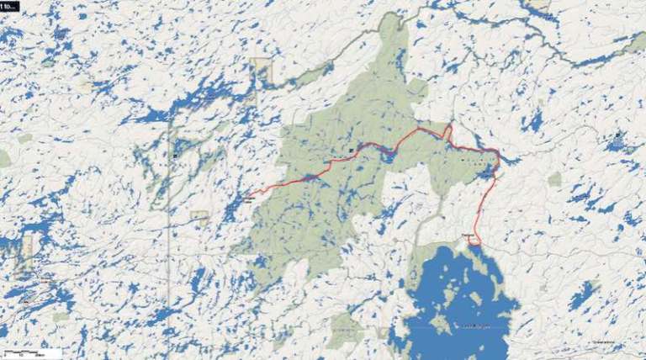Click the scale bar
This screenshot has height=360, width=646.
coord(32,351)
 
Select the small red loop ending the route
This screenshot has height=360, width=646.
coord(474,240)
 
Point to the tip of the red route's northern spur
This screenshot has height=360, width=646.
coord(451,127)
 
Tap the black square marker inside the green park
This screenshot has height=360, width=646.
coord(351,150)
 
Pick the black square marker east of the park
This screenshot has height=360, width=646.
coord(617,135)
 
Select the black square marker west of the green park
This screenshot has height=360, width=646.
coord(175,155)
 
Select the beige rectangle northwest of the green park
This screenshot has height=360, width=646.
coord(262,71)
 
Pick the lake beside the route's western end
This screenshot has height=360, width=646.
coord(232,208)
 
